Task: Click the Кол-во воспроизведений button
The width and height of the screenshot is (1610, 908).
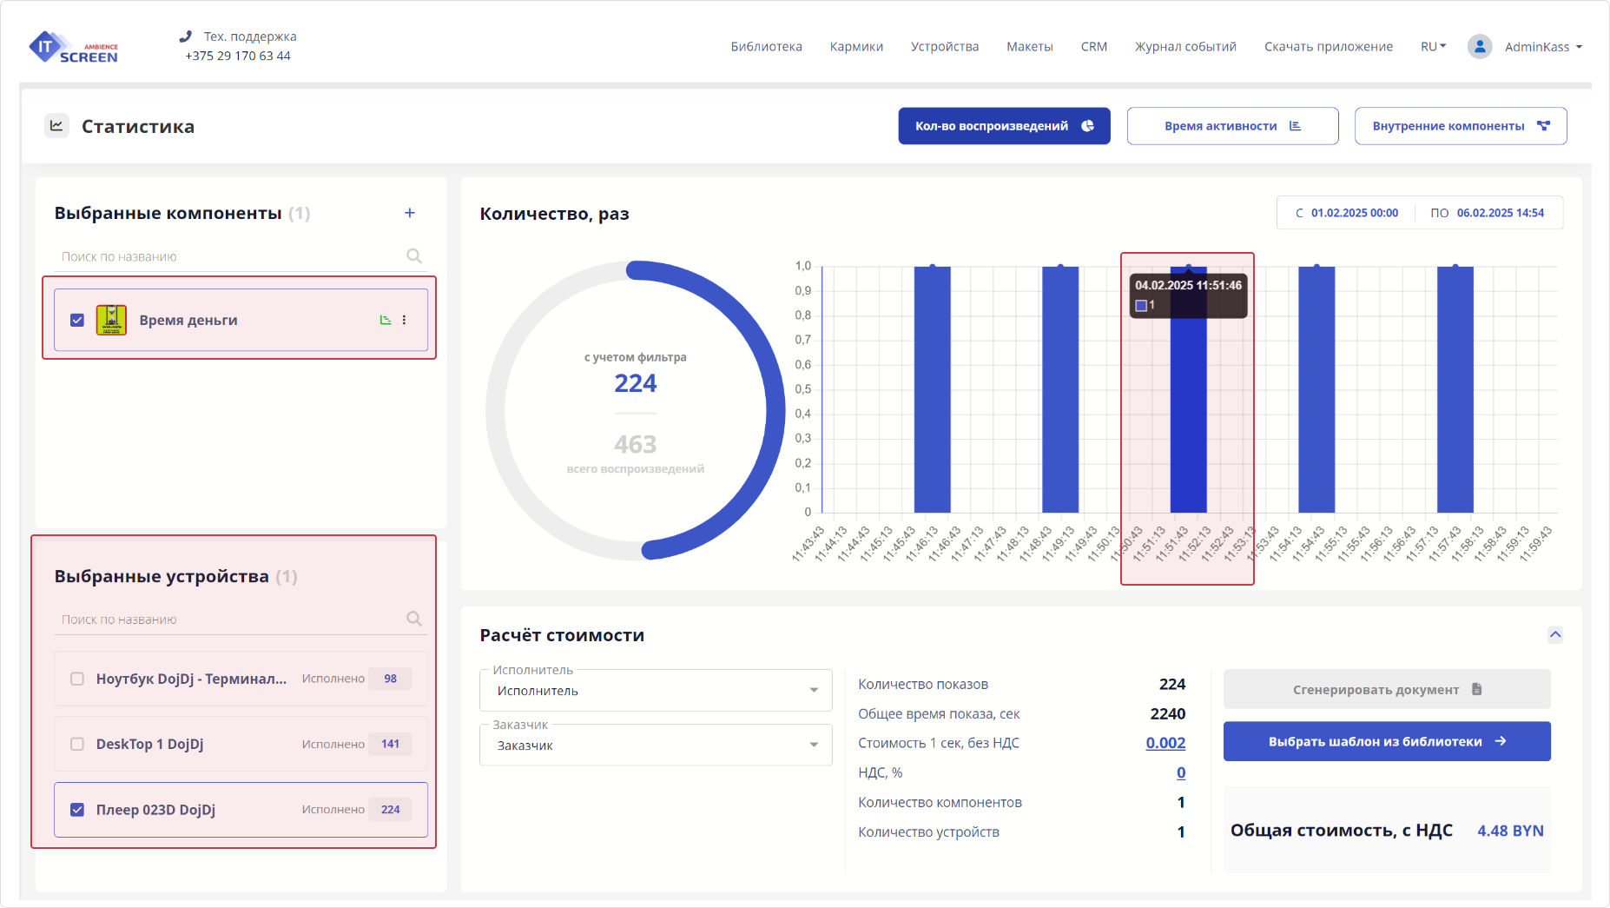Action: click(x=1004, y=126)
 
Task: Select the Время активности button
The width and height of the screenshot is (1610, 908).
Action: click(x=1232, y=126)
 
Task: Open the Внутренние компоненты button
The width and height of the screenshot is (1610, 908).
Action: click(x=1460, y=126)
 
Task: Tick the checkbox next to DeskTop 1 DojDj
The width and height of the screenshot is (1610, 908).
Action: click(x=77, y=744)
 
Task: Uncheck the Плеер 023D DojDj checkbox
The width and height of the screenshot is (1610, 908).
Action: click(x=77, y=810)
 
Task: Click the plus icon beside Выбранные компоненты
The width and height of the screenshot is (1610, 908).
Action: click(x=410, y=213)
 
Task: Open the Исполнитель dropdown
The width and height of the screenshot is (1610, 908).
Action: click(x=656, y=691)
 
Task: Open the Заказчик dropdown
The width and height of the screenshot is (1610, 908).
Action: click(x=656, y=746)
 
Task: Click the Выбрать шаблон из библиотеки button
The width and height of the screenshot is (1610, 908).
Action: click(x=1386, y=741)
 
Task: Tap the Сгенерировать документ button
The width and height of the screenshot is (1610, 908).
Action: click(x=1386, y=689)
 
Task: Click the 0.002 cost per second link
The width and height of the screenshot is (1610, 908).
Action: click(x=1165, y=743)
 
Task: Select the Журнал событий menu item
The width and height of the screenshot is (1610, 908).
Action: click(x=1185, y=47)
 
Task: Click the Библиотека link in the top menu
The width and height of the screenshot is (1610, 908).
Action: click(x=766, y=47)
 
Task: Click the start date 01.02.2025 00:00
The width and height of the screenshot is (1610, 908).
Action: click(x=1354, y=213)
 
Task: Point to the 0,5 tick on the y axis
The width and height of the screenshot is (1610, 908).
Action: click(x=803, y=389)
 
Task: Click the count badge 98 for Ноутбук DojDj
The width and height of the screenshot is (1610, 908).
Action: click(x=390, y=679)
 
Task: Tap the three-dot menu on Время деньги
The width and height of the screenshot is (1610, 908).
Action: click(x=404, y=320)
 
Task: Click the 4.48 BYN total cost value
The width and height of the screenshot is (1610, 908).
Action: click(x=1510, y=831)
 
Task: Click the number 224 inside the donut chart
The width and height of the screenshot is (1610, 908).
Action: click(x=635, y=383)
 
